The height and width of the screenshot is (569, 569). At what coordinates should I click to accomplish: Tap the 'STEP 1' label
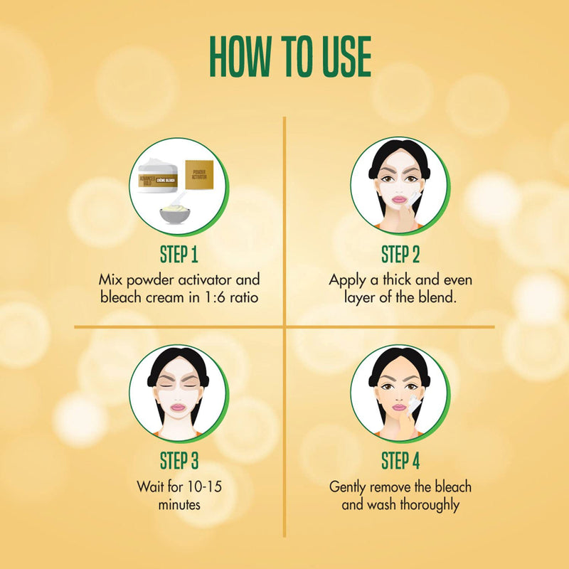coord(179,254)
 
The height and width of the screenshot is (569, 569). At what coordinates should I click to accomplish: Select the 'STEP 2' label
coord(400,254)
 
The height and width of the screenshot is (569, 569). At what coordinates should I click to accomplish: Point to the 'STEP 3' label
coord(179,460)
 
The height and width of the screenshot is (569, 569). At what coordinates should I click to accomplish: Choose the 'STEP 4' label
coord(400,460)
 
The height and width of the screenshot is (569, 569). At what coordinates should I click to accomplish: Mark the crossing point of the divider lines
coord(284,327)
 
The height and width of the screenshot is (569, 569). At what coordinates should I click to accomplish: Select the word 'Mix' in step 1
coord(112,280)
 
